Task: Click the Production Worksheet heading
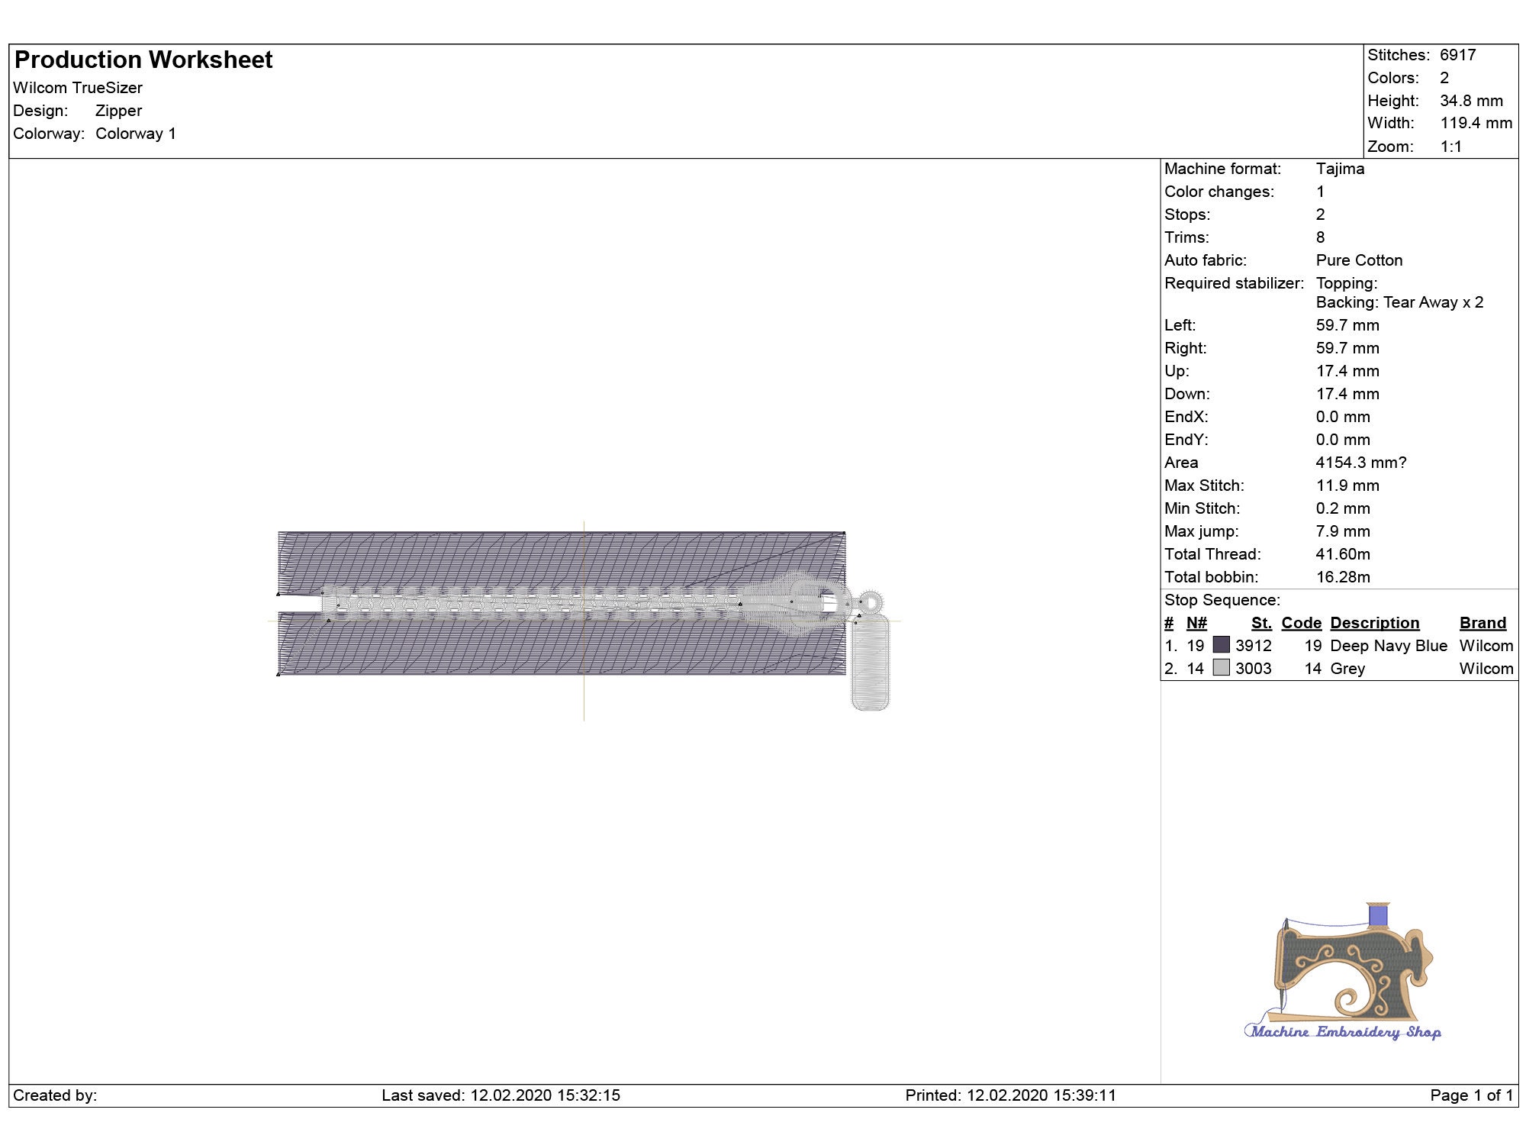pos(143,60)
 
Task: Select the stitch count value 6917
pos(1457,55)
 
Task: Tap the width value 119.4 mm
pos(1476,123)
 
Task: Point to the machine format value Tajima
pos(1340,169)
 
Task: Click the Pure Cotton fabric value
pos(1359,260)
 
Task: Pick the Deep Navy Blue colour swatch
pos(1221,645)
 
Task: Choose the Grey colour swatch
pos(1221,668)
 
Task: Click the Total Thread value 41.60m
pos(1343,554)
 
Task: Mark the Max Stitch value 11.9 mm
pos(1347,485)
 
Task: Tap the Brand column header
pos(1483,623)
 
